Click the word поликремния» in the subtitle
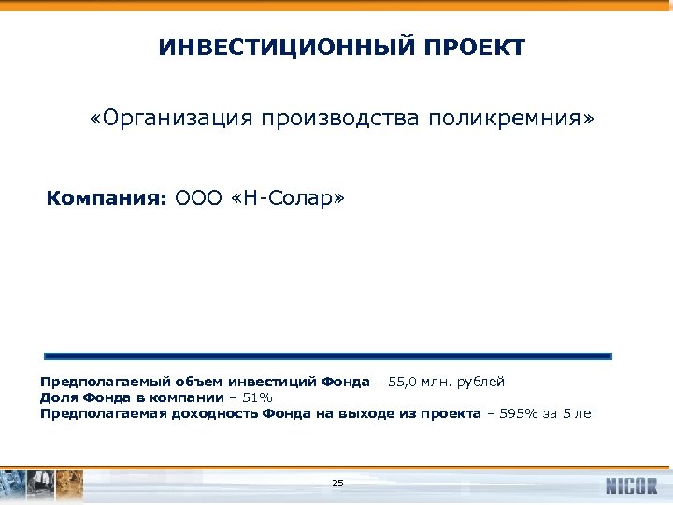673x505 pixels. point(511,120)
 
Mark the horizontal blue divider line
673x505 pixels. point(327,355)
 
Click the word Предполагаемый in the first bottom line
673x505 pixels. point(93,382)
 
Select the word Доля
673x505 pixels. point(57,397)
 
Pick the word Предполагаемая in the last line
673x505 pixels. point(92,413)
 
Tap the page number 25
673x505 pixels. point(337,483)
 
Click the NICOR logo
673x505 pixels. point(631,485)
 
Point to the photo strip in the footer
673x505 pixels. point(43,484)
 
